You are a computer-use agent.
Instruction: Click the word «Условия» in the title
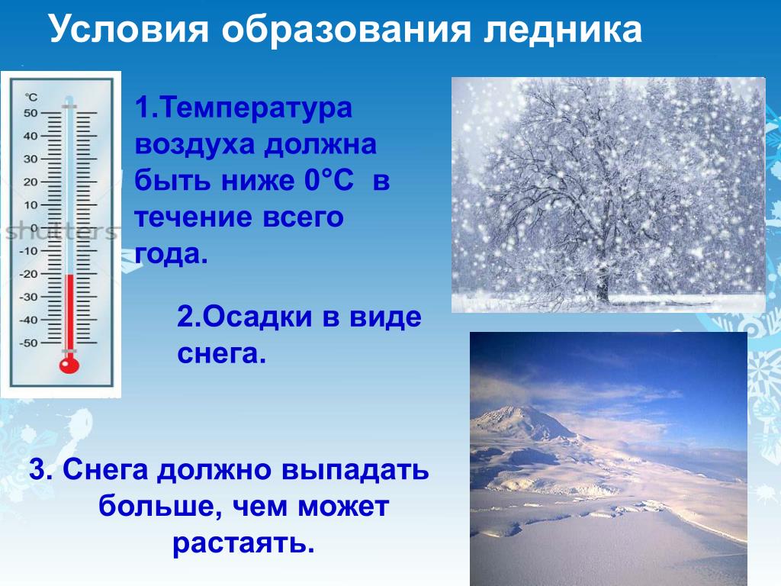click(129, 28)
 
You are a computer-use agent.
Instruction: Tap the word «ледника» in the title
click(562, 30)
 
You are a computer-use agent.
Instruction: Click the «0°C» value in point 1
click(329, 180)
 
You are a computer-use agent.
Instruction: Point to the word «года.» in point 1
click(172, 254)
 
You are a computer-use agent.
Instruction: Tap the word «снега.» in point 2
click(222, 354)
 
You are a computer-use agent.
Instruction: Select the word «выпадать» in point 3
click(355, 469)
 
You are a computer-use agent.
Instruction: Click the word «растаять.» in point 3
click(243, 544)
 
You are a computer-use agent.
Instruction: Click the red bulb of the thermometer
click(69, 365)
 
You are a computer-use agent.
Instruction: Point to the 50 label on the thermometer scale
click(31, 113)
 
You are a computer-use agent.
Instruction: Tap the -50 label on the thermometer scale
click(28, 343)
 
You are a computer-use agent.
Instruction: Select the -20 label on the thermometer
click(28, 274)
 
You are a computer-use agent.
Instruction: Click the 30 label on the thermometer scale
click(31, 159)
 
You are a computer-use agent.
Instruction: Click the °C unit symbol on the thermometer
click(31, 97)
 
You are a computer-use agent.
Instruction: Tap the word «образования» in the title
click(346, 30)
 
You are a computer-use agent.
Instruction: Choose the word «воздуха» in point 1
click(194, 144)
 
